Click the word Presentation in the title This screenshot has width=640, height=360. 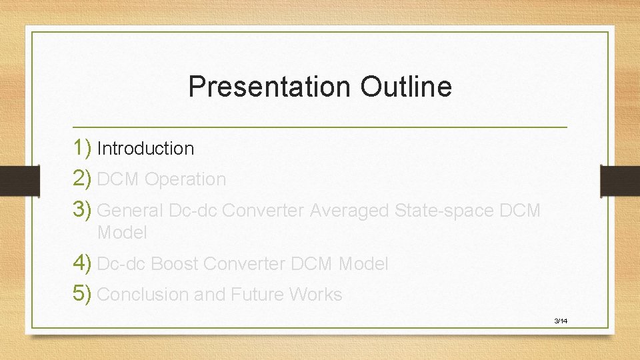270,87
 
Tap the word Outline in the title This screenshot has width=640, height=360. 406,87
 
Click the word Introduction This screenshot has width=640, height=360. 145,149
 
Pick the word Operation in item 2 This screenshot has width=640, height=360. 185,180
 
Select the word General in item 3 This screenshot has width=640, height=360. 130,211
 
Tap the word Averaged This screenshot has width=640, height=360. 349,211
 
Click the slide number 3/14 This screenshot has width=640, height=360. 561,321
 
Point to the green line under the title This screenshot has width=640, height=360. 320,127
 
